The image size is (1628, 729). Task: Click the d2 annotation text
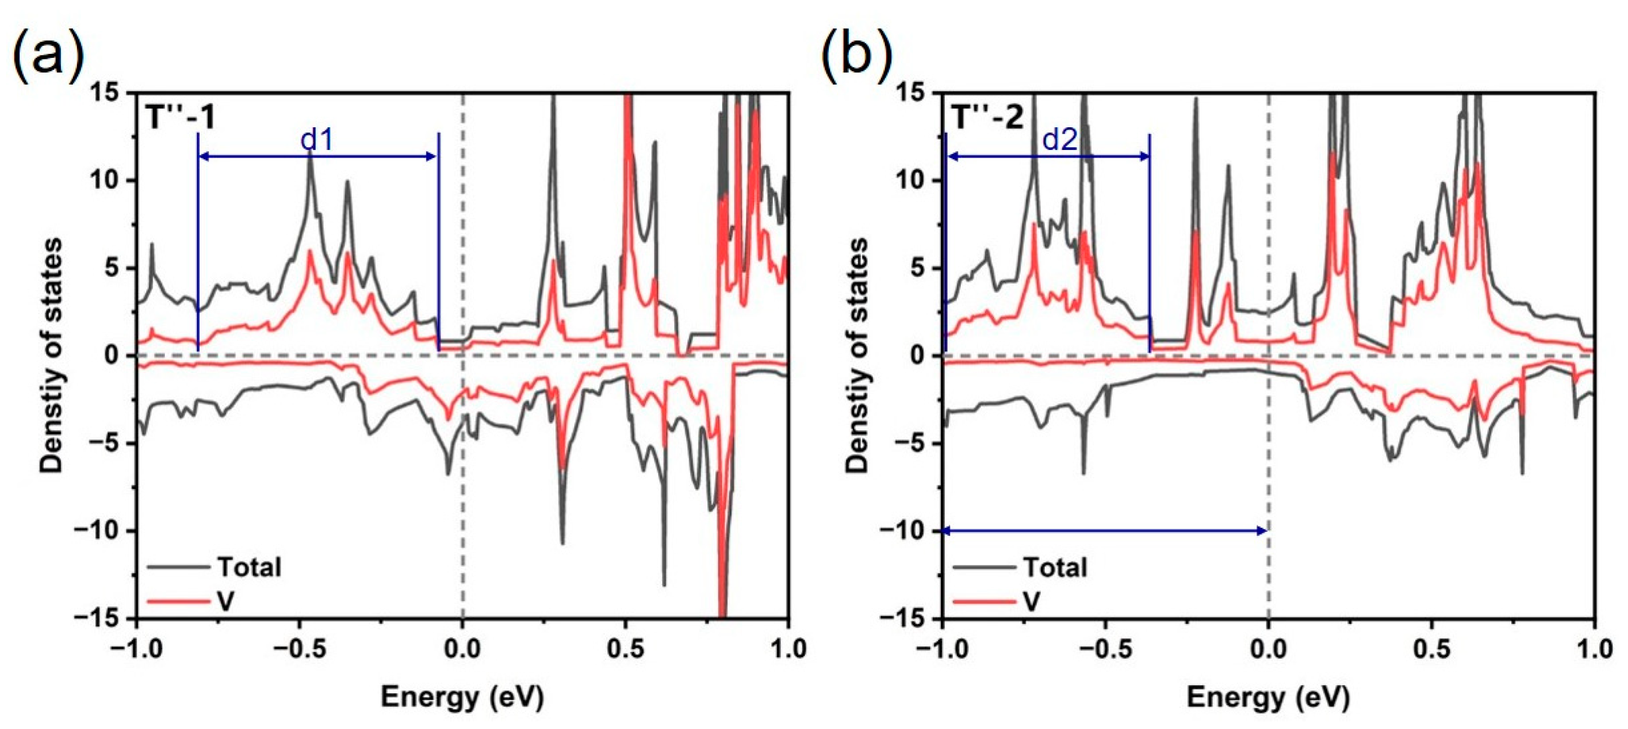tap(1059, 140)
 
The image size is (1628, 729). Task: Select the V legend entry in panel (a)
tap(226, 601)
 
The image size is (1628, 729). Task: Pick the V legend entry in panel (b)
tap(1031, 601)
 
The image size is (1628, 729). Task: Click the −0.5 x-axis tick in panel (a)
tap(300, 650)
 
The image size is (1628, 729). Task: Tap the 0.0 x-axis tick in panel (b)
tap(1269, 650)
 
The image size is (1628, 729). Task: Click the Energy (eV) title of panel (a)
tap(462, 697)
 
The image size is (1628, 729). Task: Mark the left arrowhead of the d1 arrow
tap(204, 157)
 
